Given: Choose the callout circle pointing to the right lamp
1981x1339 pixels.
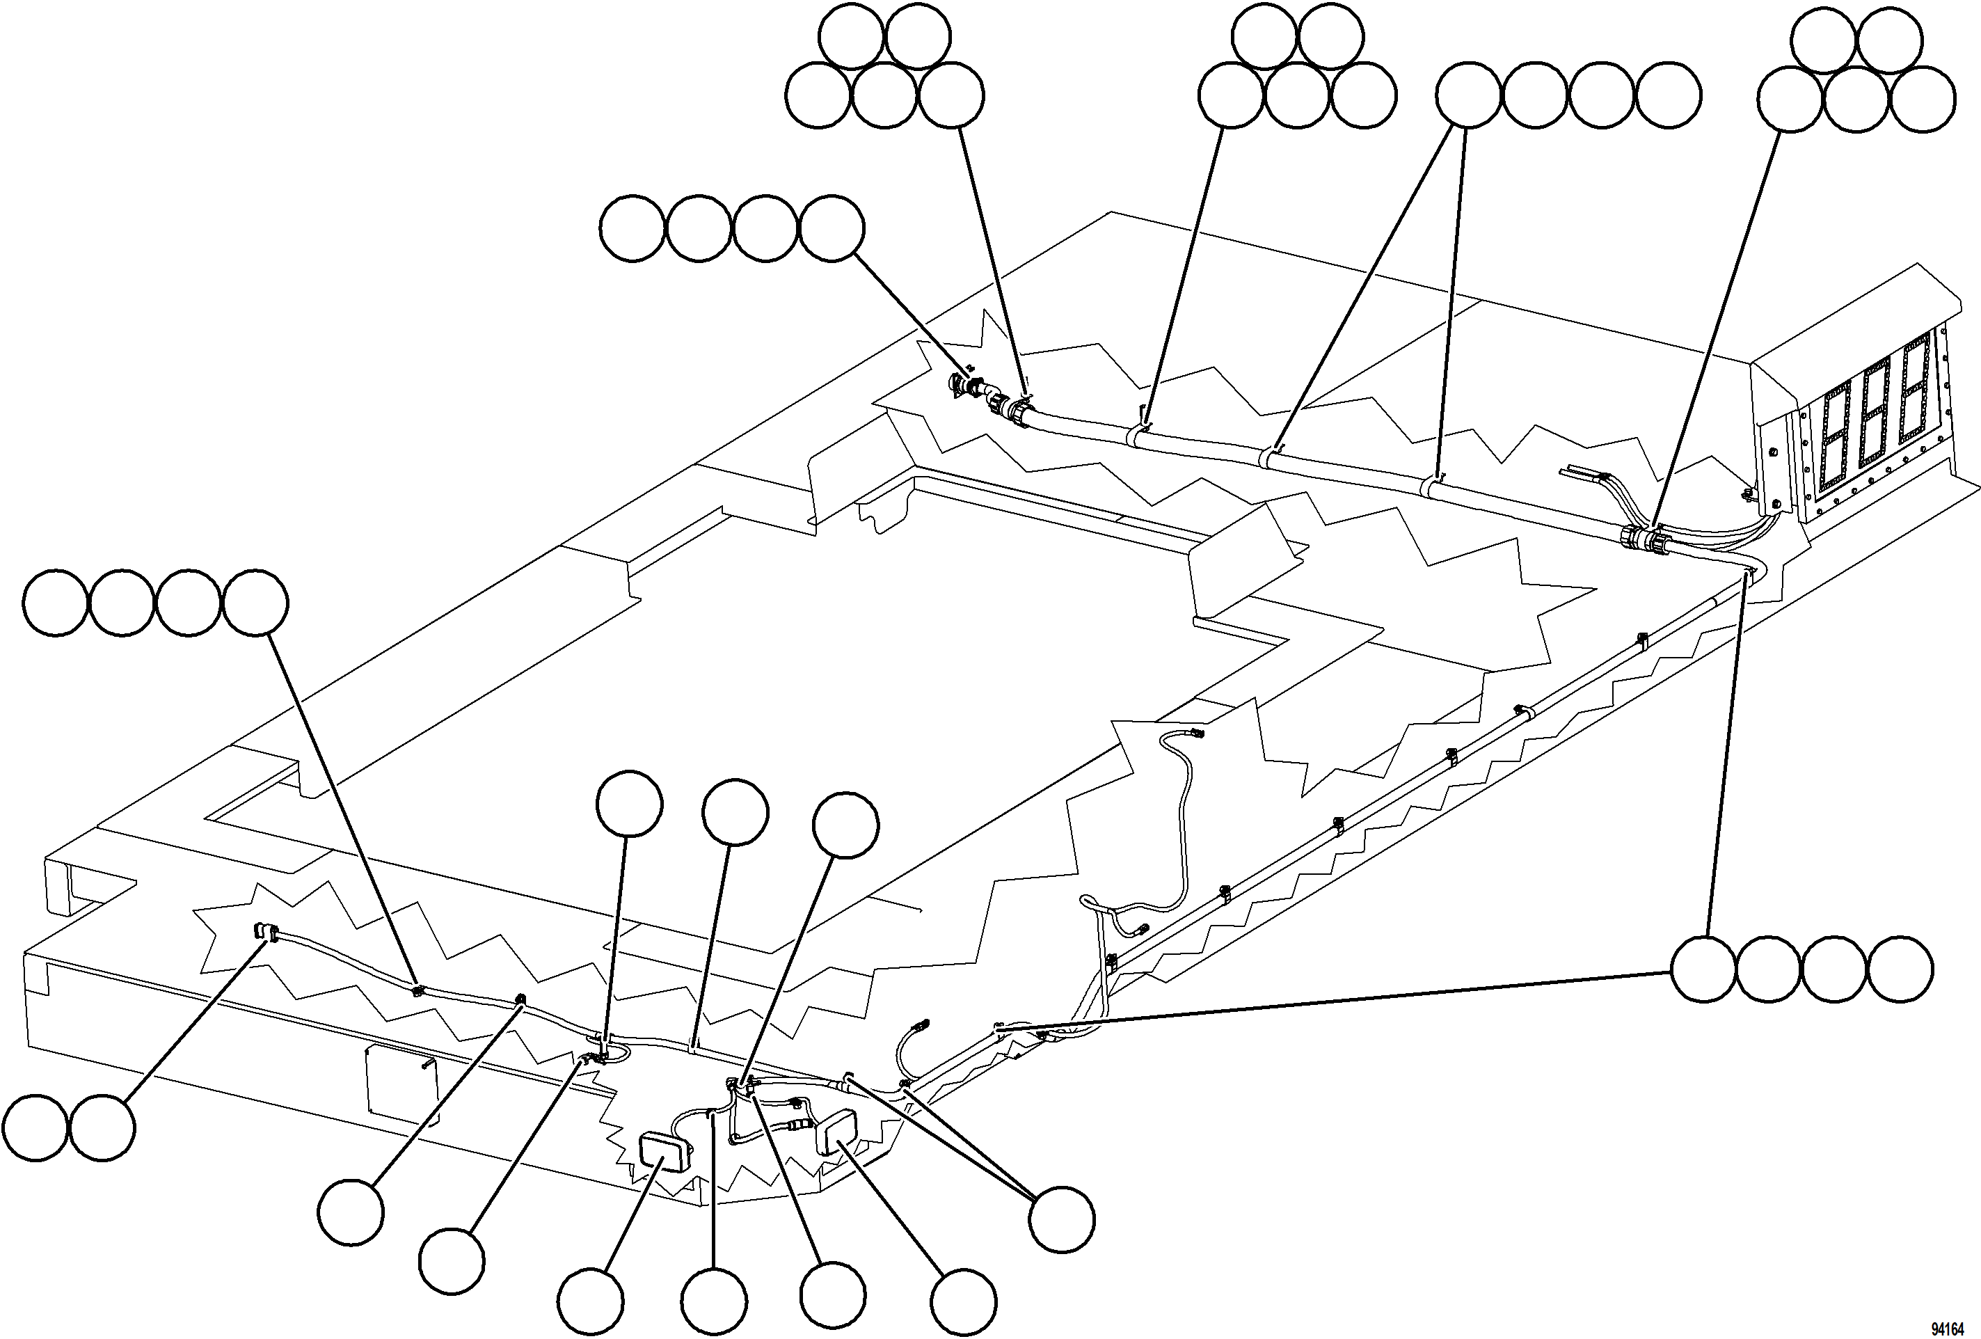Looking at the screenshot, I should [963, 1301].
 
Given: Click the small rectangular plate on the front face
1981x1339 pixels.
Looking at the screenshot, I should [401, 1082].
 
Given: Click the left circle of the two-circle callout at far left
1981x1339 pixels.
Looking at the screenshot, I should [35, 1128].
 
